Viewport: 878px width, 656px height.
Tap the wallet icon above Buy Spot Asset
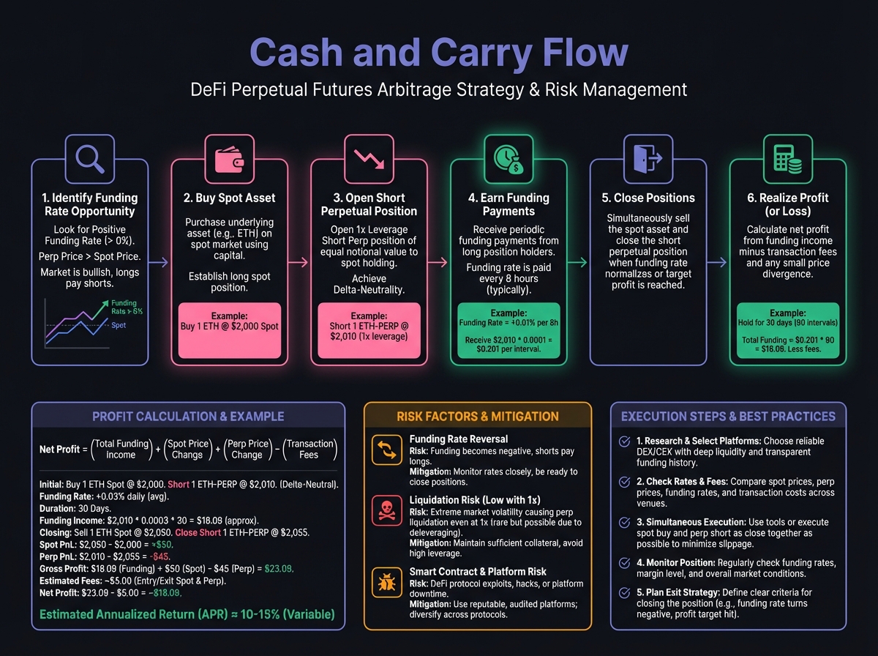229,159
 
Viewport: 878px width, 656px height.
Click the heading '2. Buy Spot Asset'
229,198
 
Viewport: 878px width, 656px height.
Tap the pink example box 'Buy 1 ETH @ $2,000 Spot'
229,320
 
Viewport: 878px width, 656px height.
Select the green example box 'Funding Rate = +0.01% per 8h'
508,329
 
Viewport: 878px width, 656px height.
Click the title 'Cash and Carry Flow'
439,53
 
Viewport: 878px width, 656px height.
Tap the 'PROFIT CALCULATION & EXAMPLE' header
188,417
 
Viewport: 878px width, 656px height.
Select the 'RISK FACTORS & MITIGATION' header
478,417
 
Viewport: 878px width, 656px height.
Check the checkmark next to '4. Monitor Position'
625,563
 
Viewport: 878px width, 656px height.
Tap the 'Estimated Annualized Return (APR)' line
187,614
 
